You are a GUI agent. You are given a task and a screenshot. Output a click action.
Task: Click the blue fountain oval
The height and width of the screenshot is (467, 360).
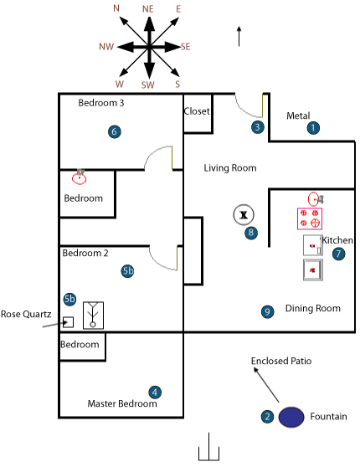click(x=291, y=417)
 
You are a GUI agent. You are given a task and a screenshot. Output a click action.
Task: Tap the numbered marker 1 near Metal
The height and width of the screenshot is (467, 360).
click(x=313, y=128)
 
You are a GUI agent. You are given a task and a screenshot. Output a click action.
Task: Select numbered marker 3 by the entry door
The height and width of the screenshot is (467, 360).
click(x=258, y=127)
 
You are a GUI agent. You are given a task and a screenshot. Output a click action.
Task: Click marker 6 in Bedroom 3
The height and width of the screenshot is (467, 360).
click(x=115, y=131)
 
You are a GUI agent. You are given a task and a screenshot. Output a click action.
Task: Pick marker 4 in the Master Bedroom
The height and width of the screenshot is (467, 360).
click(x=155, y=393)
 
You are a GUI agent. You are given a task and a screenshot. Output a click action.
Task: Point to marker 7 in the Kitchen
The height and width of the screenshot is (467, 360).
click(x=338, y=254)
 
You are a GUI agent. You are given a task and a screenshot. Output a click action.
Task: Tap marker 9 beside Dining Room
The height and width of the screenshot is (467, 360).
click(x=267, y=311)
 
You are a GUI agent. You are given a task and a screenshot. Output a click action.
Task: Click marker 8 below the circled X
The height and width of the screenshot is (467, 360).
click(x=251, y=233)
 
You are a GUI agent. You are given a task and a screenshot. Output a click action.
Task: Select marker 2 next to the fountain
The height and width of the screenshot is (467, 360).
click(x=267, y=417)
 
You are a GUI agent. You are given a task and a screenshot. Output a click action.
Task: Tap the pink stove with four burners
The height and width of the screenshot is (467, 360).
click(x=310, y=218)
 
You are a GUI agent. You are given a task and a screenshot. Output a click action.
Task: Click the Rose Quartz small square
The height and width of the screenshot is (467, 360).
click(x=69, y=322)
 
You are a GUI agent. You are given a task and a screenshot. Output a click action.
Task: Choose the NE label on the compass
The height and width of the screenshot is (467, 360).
click(x=148, y=9)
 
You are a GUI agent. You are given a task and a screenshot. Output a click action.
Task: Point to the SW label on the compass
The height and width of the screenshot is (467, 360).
click(x=148, y=85)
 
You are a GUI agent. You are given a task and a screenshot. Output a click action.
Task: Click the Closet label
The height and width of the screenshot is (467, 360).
click(x=197, y=111)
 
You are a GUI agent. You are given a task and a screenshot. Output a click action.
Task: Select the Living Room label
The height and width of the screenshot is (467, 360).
click(x=230, y=168)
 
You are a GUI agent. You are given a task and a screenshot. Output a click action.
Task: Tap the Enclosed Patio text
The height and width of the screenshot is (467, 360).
click(x=281, y=361)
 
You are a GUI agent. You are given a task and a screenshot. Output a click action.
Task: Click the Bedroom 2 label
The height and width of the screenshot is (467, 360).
click(x=85, y=253)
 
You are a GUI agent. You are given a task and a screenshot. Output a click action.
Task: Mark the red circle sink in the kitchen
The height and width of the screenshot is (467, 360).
click(x=313, y=199)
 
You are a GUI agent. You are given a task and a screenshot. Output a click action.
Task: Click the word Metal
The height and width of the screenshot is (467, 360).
click(x=298, y=115)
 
